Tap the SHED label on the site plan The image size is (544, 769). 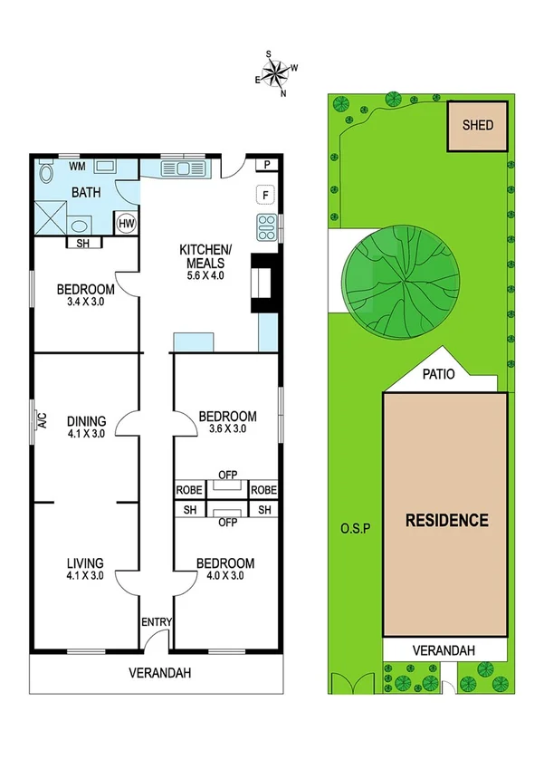point(478,125)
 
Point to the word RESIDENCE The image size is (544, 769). point(446,521)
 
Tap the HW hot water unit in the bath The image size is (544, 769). point(126,223)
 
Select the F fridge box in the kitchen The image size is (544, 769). point(266,194)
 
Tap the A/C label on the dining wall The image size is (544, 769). point(42,420)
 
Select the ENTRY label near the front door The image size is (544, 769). point(155,622)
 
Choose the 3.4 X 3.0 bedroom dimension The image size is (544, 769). point(85,303)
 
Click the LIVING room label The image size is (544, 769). point(84,562)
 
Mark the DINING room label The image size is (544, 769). point(86,420)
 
